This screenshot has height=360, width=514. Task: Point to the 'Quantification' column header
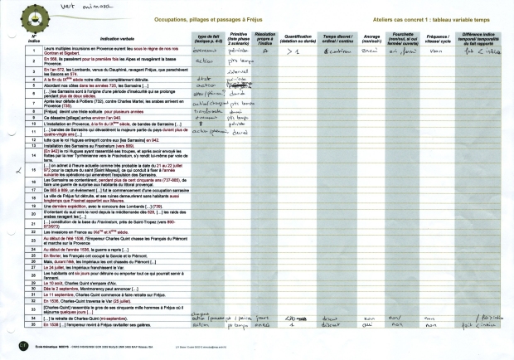(x=297, y=37)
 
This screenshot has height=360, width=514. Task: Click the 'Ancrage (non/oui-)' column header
(x=371, y=37)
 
